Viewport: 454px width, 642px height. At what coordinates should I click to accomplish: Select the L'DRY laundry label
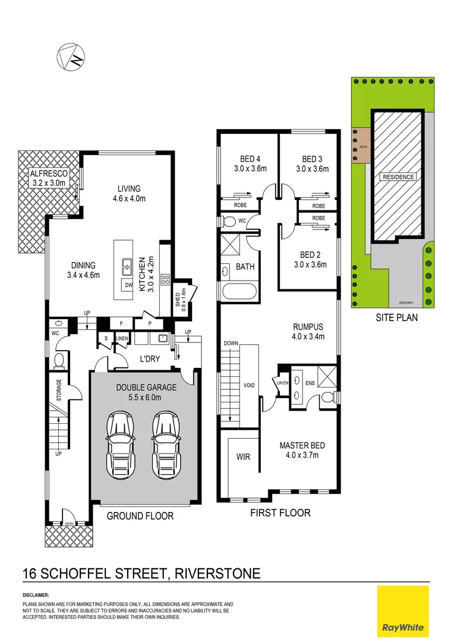coord(148,360)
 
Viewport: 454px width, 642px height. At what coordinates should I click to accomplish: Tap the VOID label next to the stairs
coord(250,385)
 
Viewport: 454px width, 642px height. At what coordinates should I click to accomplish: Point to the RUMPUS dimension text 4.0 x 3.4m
coord(308,336)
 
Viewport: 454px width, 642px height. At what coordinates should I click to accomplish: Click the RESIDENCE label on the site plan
coord(398,177)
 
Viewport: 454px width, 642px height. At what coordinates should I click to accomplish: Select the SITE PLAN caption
coord(396,317)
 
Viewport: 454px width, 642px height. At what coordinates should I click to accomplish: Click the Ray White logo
coord(403,610)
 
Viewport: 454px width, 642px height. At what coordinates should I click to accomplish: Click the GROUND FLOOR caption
coord(140,516)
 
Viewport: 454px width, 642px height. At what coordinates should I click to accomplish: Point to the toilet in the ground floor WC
coord(59,361)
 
